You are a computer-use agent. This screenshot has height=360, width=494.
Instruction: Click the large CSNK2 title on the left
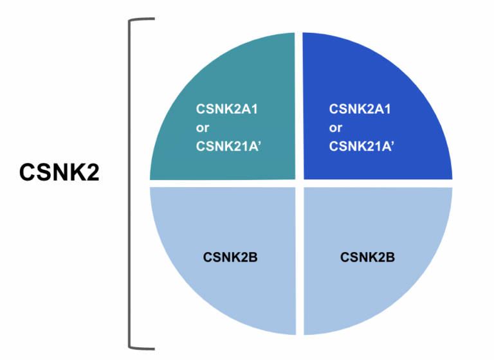(59, 172)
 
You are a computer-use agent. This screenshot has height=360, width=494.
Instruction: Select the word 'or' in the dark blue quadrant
(335, 127)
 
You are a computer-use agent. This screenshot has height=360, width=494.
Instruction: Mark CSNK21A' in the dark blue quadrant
(361, 146)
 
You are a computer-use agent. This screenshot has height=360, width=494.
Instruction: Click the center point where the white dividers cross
(299, 183)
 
